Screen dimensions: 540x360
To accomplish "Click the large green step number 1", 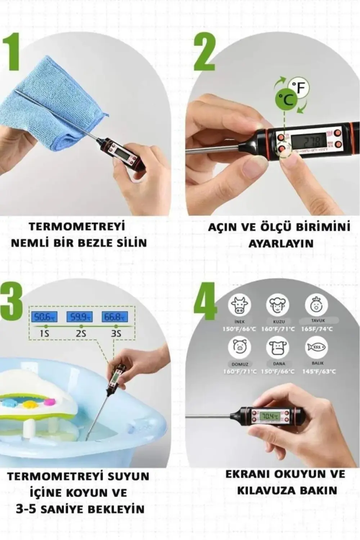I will tap(12, 52).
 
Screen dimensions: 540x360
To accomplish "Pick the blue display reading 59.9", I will tap(80, 317).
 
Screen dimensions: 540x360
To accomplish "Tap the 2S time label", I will tap(81, 334).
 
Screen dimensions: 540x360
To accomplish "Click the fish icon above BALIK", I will tap(316, 347).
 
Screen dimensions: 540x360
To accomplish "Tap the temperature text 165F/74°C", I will tap(317, 329).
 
